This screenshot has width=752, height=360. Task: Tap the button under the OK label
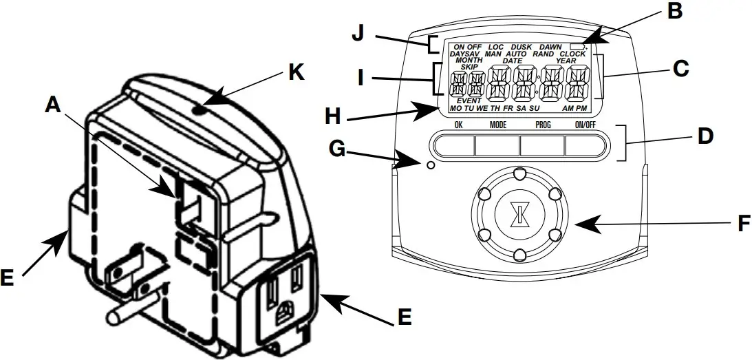tap(455, 145)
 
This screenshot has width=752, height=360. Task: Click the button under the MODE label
tap(498, 145)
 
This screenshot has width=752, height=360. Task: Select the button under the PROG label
tap(543, 145)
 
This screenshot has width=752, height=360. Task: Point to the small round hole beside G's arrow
tap(431, 165)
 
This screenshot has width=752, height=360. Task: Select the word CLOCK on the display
tap(572, 54)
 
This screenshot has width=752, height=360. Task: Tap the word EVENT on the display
tap(469, 101)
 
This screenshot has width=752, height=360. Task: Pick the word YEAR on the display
tap(566, 61)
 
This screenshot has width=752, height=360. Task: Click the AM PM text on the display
tap(574, 109)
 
